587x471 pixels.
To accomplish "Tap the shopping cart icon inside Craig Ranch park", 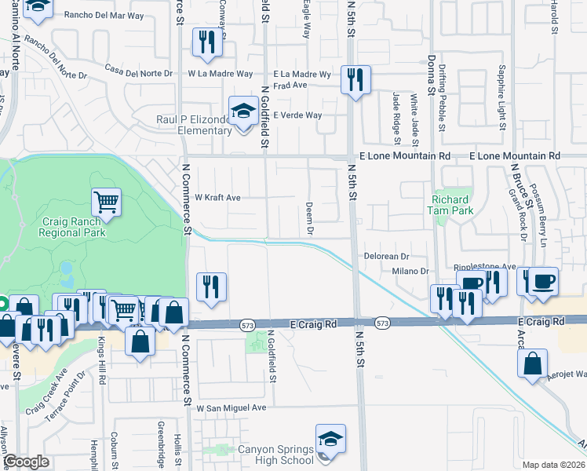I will [106, 202].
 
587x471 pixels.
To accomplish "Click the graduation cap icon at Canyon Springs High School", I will [330, 440].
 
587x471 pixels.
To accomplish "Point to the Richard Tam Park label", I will [452, 205].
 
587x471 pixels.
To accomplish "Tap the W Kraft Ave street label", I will [217, 198].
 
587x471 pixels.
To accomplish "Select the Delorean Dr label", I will [387, 256].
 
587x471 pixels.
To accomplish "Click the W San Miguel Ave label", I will [232, 408].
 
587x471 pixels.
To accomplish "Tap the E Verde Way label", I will [297, 115].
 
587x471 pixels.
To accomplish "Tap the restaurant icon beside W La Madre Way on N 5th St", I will [355, 79].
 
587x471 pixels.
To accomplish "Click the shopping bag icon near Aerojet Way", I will [532, 363].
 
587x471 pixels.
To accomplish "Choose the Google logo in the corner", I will [26, 462].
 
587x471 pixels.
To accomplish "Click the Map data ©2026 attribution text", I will [553, 465].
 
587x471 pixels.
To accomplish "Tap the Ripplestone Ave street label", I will [492, 267].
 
